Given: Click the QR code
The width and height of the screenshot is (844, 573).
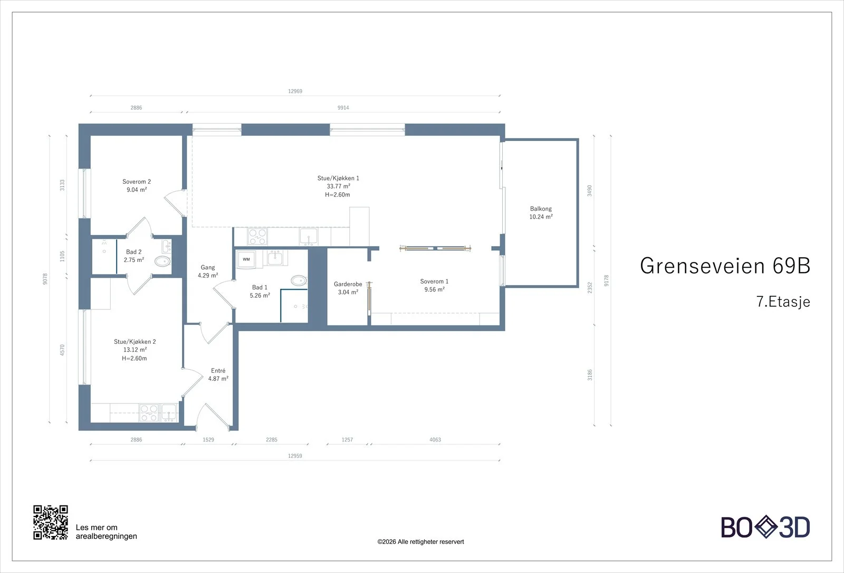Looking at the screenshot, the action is pos(51,522).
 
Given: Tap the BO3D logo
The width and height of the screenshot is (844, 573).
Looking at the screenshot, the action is pos(765,527).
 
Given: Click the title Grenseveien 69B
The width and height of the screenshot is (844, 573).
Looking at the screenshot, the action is pos(725,266).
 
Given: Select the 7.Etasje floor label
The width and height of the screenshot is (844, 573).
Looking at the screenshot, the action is pos(783,302).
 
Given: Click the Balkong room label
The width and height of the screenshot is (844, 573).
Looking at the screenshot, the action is pos(541,209).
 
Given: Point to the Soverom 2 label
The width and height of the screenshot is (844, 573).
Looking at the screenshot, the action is pos(137,182).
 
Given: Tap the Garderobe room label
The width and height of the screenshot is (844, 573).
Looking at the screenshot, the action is pos(348,284).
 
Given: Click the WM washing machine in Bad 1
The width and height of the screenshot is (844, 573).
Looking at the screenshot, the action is pos(246,259).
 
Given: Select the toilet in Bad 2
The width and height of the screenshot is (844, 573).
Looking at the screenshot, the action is pos(163,261).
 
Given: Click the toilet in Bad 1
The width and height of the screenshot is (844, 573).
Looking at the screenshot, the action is pos(299,280).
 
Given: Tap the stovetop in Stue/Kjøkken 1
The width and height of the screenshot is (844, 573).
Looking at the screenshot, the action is pos(257,237).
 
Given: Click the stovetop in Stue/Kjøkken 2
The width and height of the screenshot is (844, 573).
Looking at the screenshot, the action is pos(148,412).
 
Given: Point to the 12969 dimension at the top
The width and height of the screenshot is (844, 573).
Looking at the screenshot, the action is pos(295,91).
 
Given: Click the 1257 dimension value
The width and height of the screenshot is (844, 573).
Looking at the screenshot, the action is pos(347,439).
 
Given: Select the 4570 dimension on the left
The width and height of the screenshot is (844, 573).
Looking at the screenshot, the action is pos(62,350).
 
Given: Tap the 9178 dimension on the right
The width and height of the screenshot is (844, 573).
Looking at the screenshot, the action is pos(606,280).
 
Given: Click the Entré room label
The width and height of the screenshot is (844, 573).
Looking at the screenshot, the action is pos(218,370).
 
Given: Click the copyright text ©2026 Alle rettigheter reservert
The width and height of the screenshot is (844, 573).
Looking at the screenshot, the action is pos(420,542).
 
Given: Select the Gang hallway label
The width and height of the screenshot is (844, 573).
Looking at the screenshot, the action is pos(208,267).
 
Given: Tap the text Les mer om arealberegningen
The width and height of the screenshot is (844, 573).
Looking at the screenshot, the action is pos(106,532).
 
